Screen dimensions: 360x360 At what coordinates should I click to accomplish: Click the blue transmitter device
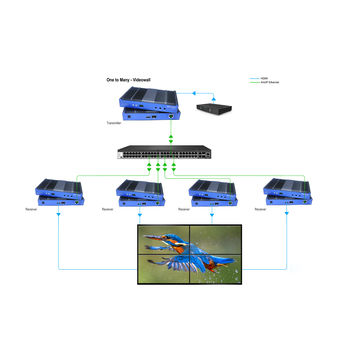coord(148,102)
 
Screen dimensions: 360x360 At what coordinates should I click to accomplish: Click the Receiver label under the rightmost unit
coord(262,210)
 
